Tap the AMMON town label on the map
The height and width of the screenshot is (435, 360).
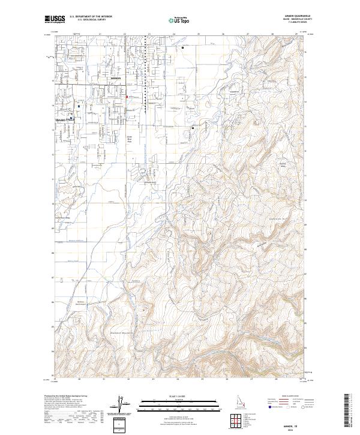(x=116, y=79)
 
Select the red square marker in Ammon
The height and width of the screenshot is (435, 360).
(x=127, y=96)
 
